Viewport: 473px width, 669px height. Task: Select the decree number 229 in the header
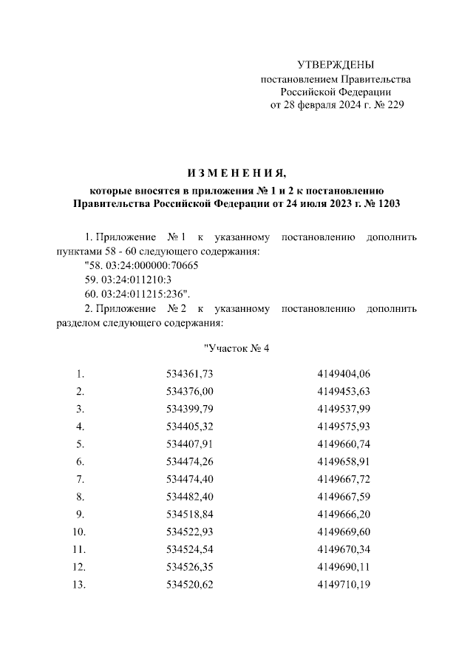395,105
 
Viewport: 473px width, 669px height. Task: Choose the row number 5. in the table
81,444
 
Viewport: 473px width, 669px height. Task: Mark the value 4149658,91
343,462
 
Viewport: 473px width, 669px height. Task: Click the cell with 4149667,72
343,480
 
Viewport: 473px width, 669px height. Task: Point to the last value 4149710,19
343,586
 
